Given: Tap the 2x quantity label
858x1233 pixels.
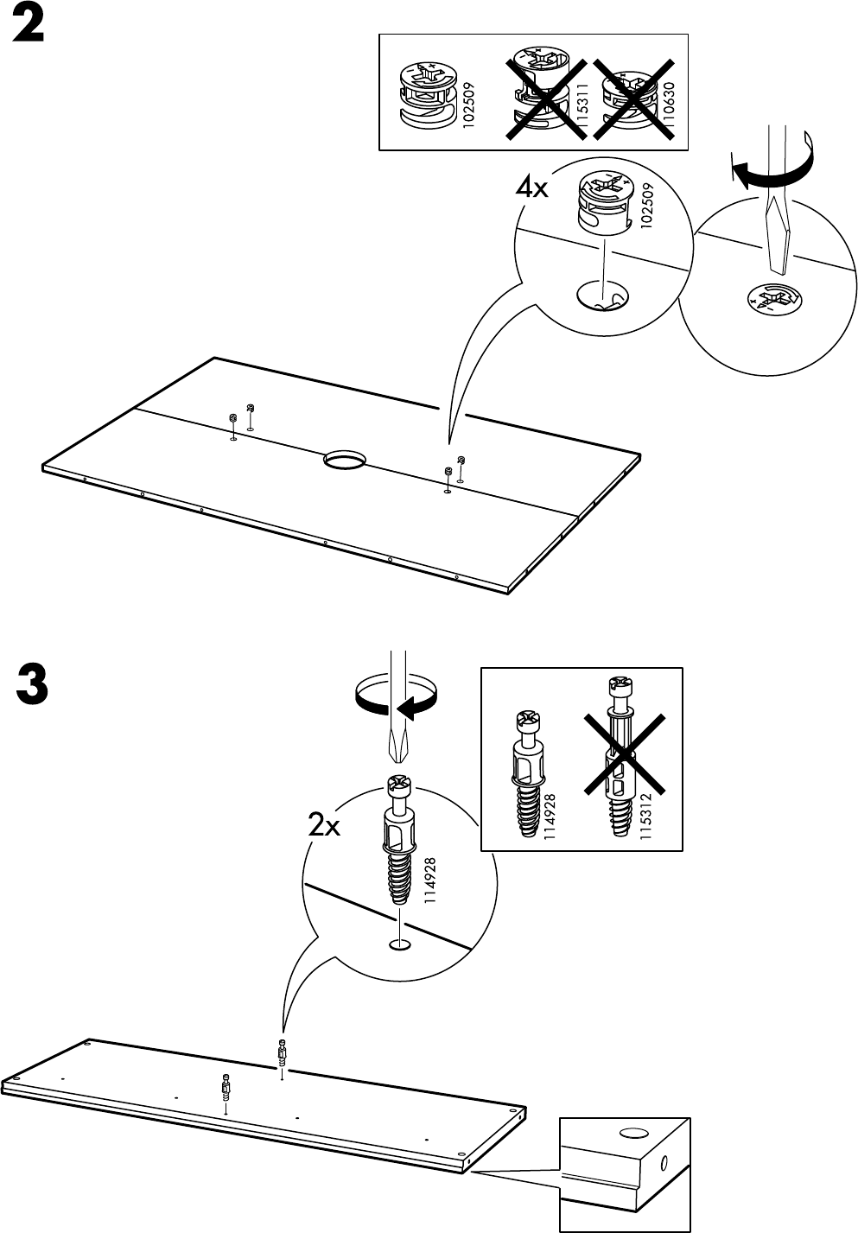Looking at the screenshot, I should click(x=325, y=827).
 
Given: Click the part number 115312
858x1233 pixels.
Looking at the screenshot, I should click(x=645, y=815).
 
